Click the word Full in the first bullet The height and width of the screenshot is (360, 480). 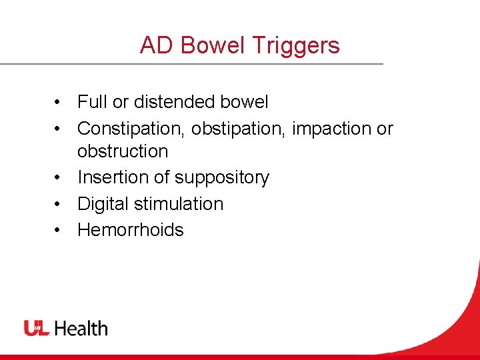(x=92, y=102)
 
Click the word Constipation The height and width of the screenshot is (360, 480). (x=131, y=128)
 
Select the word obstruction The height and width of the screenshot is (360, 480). (x=123, y=151)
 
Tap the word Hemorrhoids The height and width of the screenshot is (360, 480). (x=131, y=229)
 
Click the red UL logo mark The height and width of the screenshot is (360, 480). (x=37, y=328)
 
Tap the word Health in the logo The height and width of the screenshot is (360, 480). (x=81, y=328)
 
